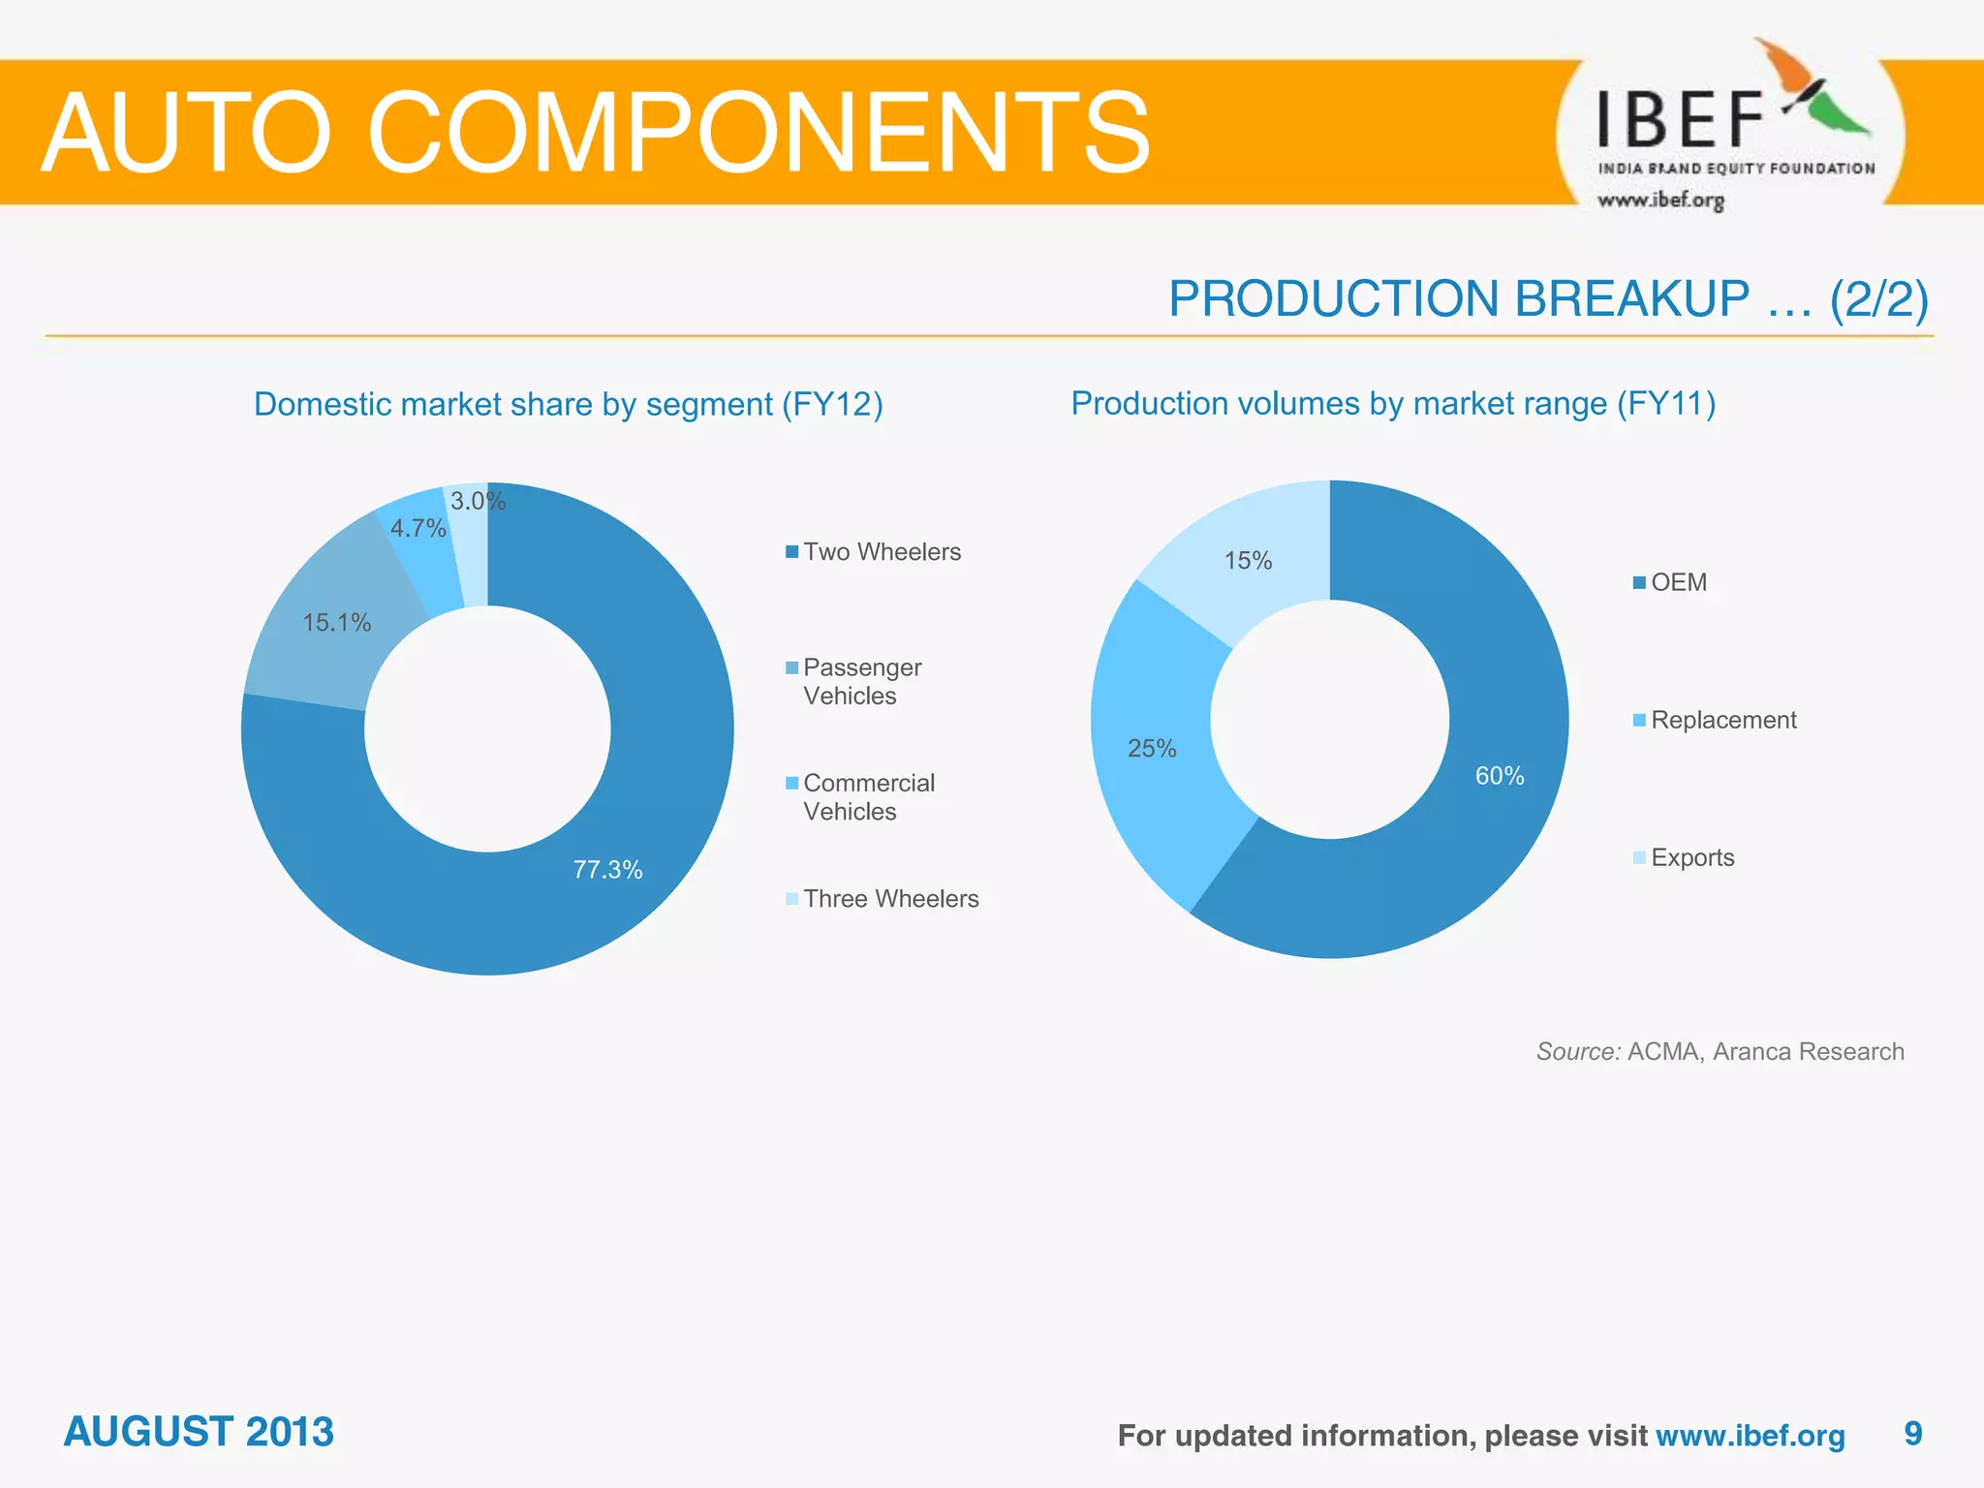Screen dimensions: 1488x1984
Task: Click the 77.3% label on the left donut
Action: [607, 869]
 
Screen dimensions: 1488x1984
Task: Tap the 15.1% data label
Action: [336, 622]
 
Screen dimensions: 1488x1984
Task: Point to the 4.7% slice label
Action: [418, 528]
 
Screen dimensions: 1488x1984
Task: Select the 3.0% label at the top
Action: [478, 501]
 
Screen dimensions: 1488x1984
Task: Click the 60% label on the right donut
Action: [1499, 775]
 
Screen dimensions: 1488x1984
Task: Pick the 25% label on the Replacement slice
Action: [1152, 748]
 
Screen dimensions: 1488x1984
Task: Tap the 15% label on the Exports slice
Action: [1248, 560]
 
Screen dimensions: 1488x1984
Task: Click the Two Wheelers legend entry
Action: [881, 551]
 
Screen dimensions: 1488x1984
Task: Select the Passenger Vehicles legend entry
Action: [861, 681]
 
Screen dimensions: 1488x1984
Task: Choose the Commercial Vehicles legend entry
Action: [868, 796]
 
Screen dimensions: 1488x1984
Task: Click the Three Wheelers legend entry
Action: [889, 898]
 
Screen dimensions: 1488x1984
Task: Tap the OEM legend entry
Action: [1678, 582]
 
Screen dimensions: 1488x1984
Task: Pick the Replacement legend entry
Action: [1722, 720]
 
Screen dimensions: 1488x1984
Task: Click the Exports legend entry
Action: [1691, 857]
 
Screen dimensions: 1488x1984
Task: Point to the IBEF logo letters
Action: [1680, 120]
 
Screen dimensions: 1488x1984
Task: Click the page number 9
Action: [1912, 1433]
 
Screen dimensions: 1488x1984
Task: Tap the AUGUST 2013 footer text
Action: [199, 1432]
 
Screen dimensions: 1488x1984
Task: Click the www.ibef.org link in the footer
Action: [1750, 1435]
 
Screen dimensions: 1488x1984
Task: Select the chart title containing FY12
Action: [568, 404]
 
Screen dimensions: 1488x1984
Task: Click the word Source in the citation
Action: [1577, 1051]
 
